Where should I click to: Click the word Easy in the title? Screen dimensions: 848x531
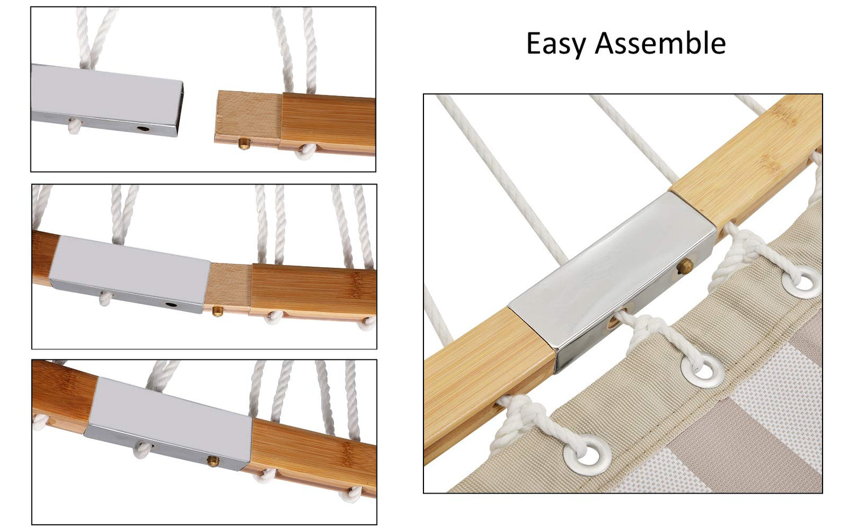(x=556, y=44)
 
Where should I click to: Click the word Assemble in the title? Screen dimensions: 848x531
(x=660, y=43)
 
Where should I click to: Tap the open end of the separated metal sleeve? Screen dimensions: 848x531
(x=180, y=108)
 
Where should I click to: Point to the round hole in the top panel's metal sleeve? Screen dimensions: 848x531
(x=143, y=129)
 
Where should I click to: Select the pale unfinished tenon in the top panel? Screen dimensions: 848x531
(x=248, y=118)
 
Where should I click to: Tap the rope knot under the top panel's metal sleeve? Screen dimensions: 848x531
(x=75, y=126)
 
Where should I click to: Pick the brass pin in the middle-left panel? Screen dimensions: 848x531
(x=217, y=311)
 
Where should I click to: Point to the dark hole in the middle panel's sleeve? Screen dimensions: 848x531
(x=171, y=305)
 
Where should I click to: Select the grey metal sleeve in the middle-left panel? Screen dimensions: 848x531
(x=130, y=273)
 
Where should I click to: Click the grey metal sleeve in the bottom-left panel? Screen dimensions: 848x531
(x=168, y=423)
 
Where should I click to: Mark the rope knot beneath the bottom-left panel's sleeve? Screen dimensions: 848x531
(x=142, y=450)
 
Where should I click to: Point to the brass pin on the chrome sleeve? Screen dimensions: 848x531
(x=685, y=265)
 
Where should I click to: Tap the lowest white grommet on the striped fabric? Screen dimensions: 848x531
(x=587, y=455)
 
